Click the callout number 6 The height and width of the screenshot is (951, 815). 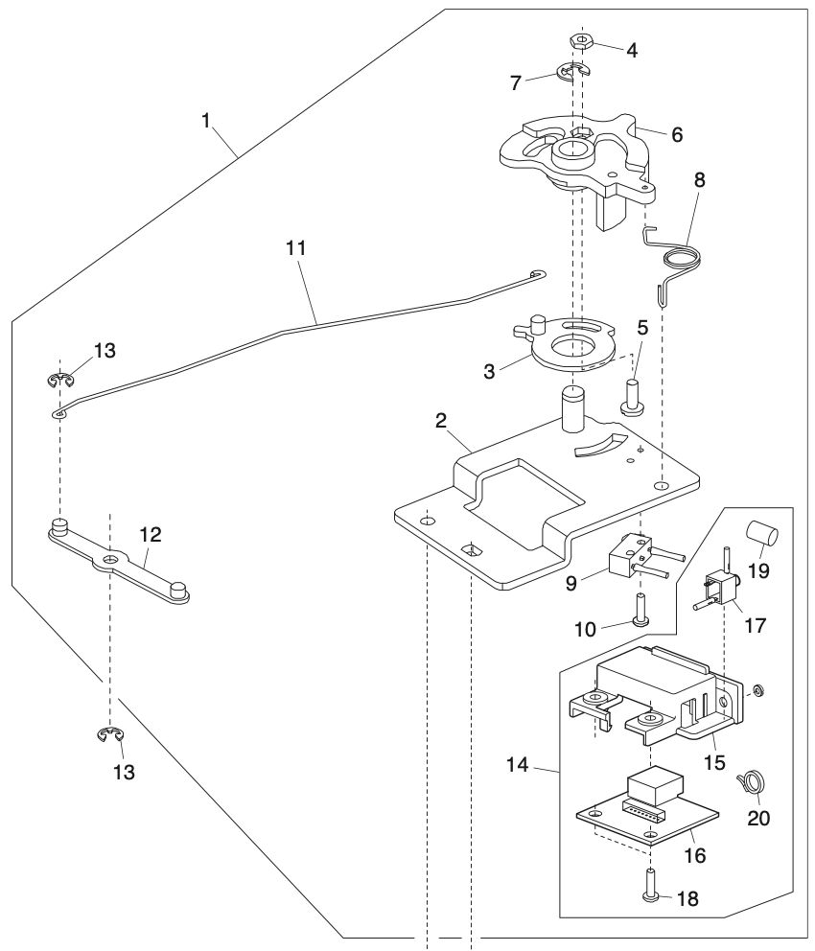click(677, 135)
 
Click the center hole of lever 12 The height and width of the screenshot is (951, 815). click(113, 557)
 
